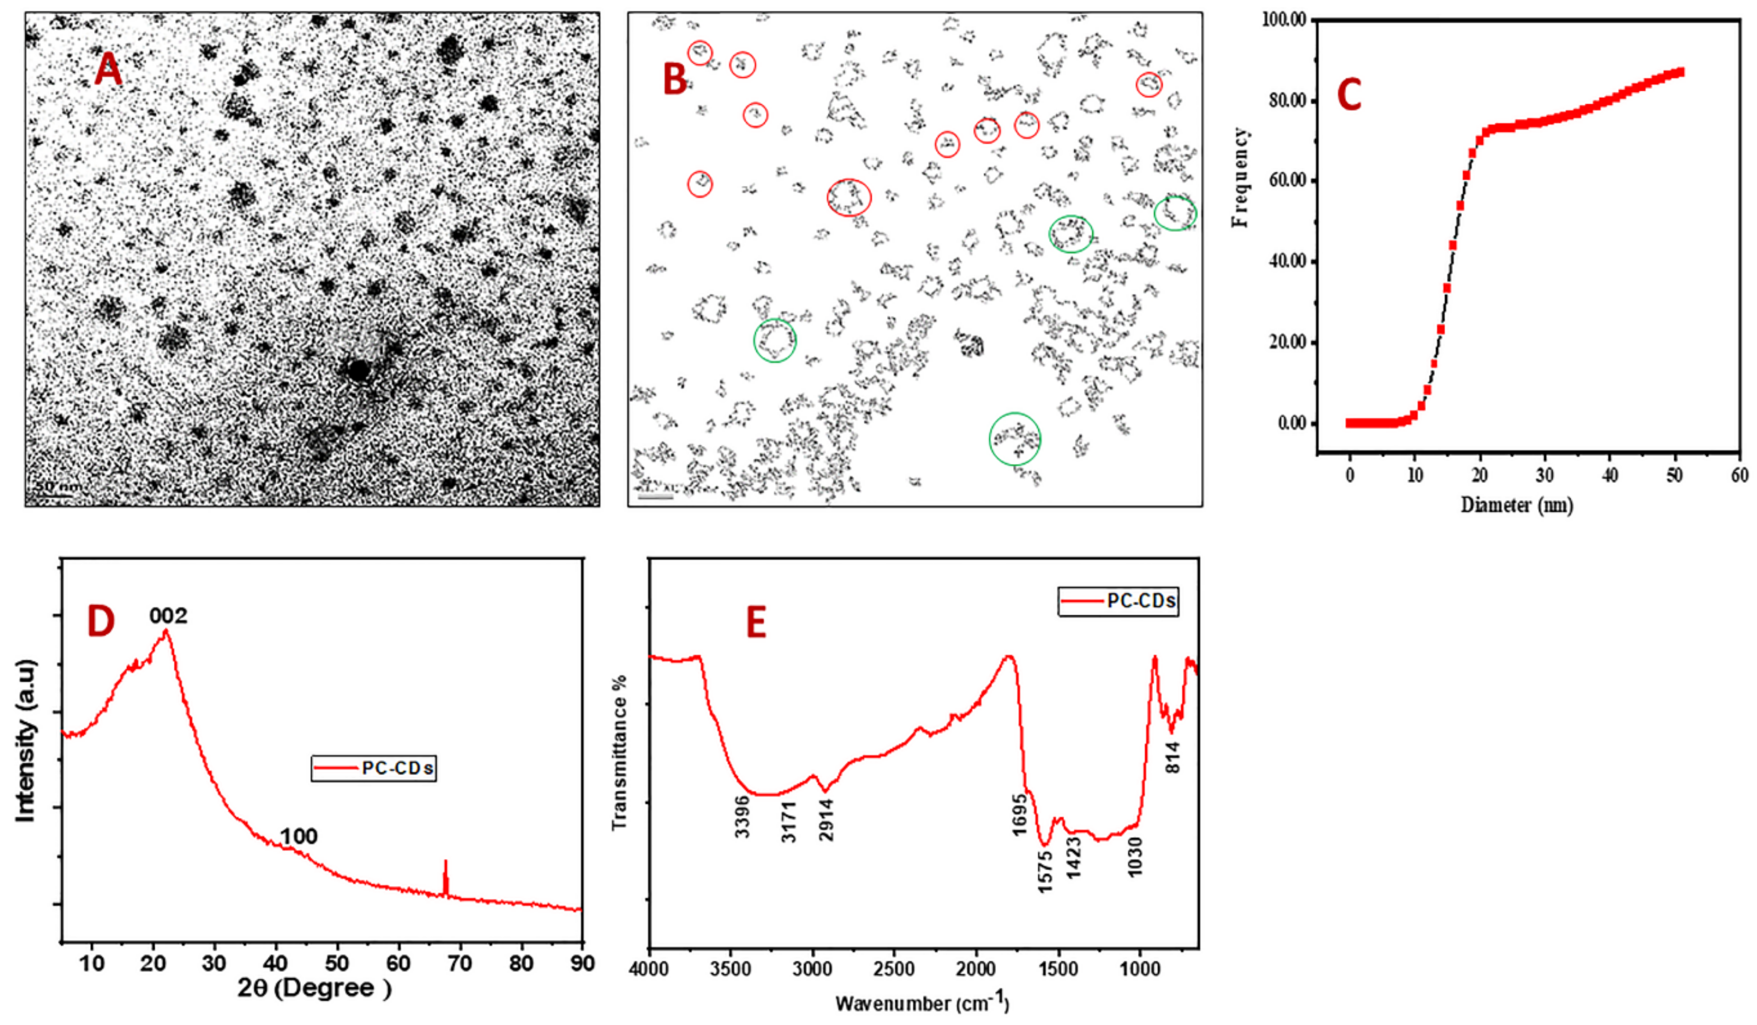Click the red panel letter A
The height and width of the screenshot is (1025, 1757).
108,70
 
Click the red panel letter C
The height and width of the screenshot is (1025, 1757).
1349,95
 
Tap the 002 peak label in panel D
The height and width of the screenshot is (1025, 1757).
168,616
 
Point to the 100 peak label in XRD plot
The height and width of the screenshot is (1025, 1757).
299,836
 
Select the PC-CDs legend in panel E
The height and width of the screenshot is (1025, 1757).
1118,601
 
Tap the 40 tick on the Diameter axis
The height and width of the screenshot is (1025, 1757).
1610,476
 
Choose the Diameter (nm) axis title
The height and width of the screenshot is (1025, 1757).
1517,504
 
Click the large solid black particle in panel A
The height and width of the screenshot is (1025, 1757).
358,370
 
